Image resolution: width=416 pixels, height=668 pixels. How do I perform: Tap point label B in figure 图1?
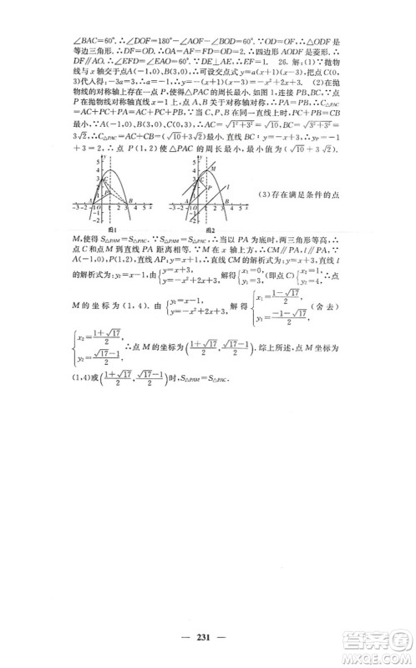coord(130,221)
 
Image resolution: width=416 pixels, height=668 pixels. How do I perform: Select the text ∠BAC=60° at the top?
coord(89,37)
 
